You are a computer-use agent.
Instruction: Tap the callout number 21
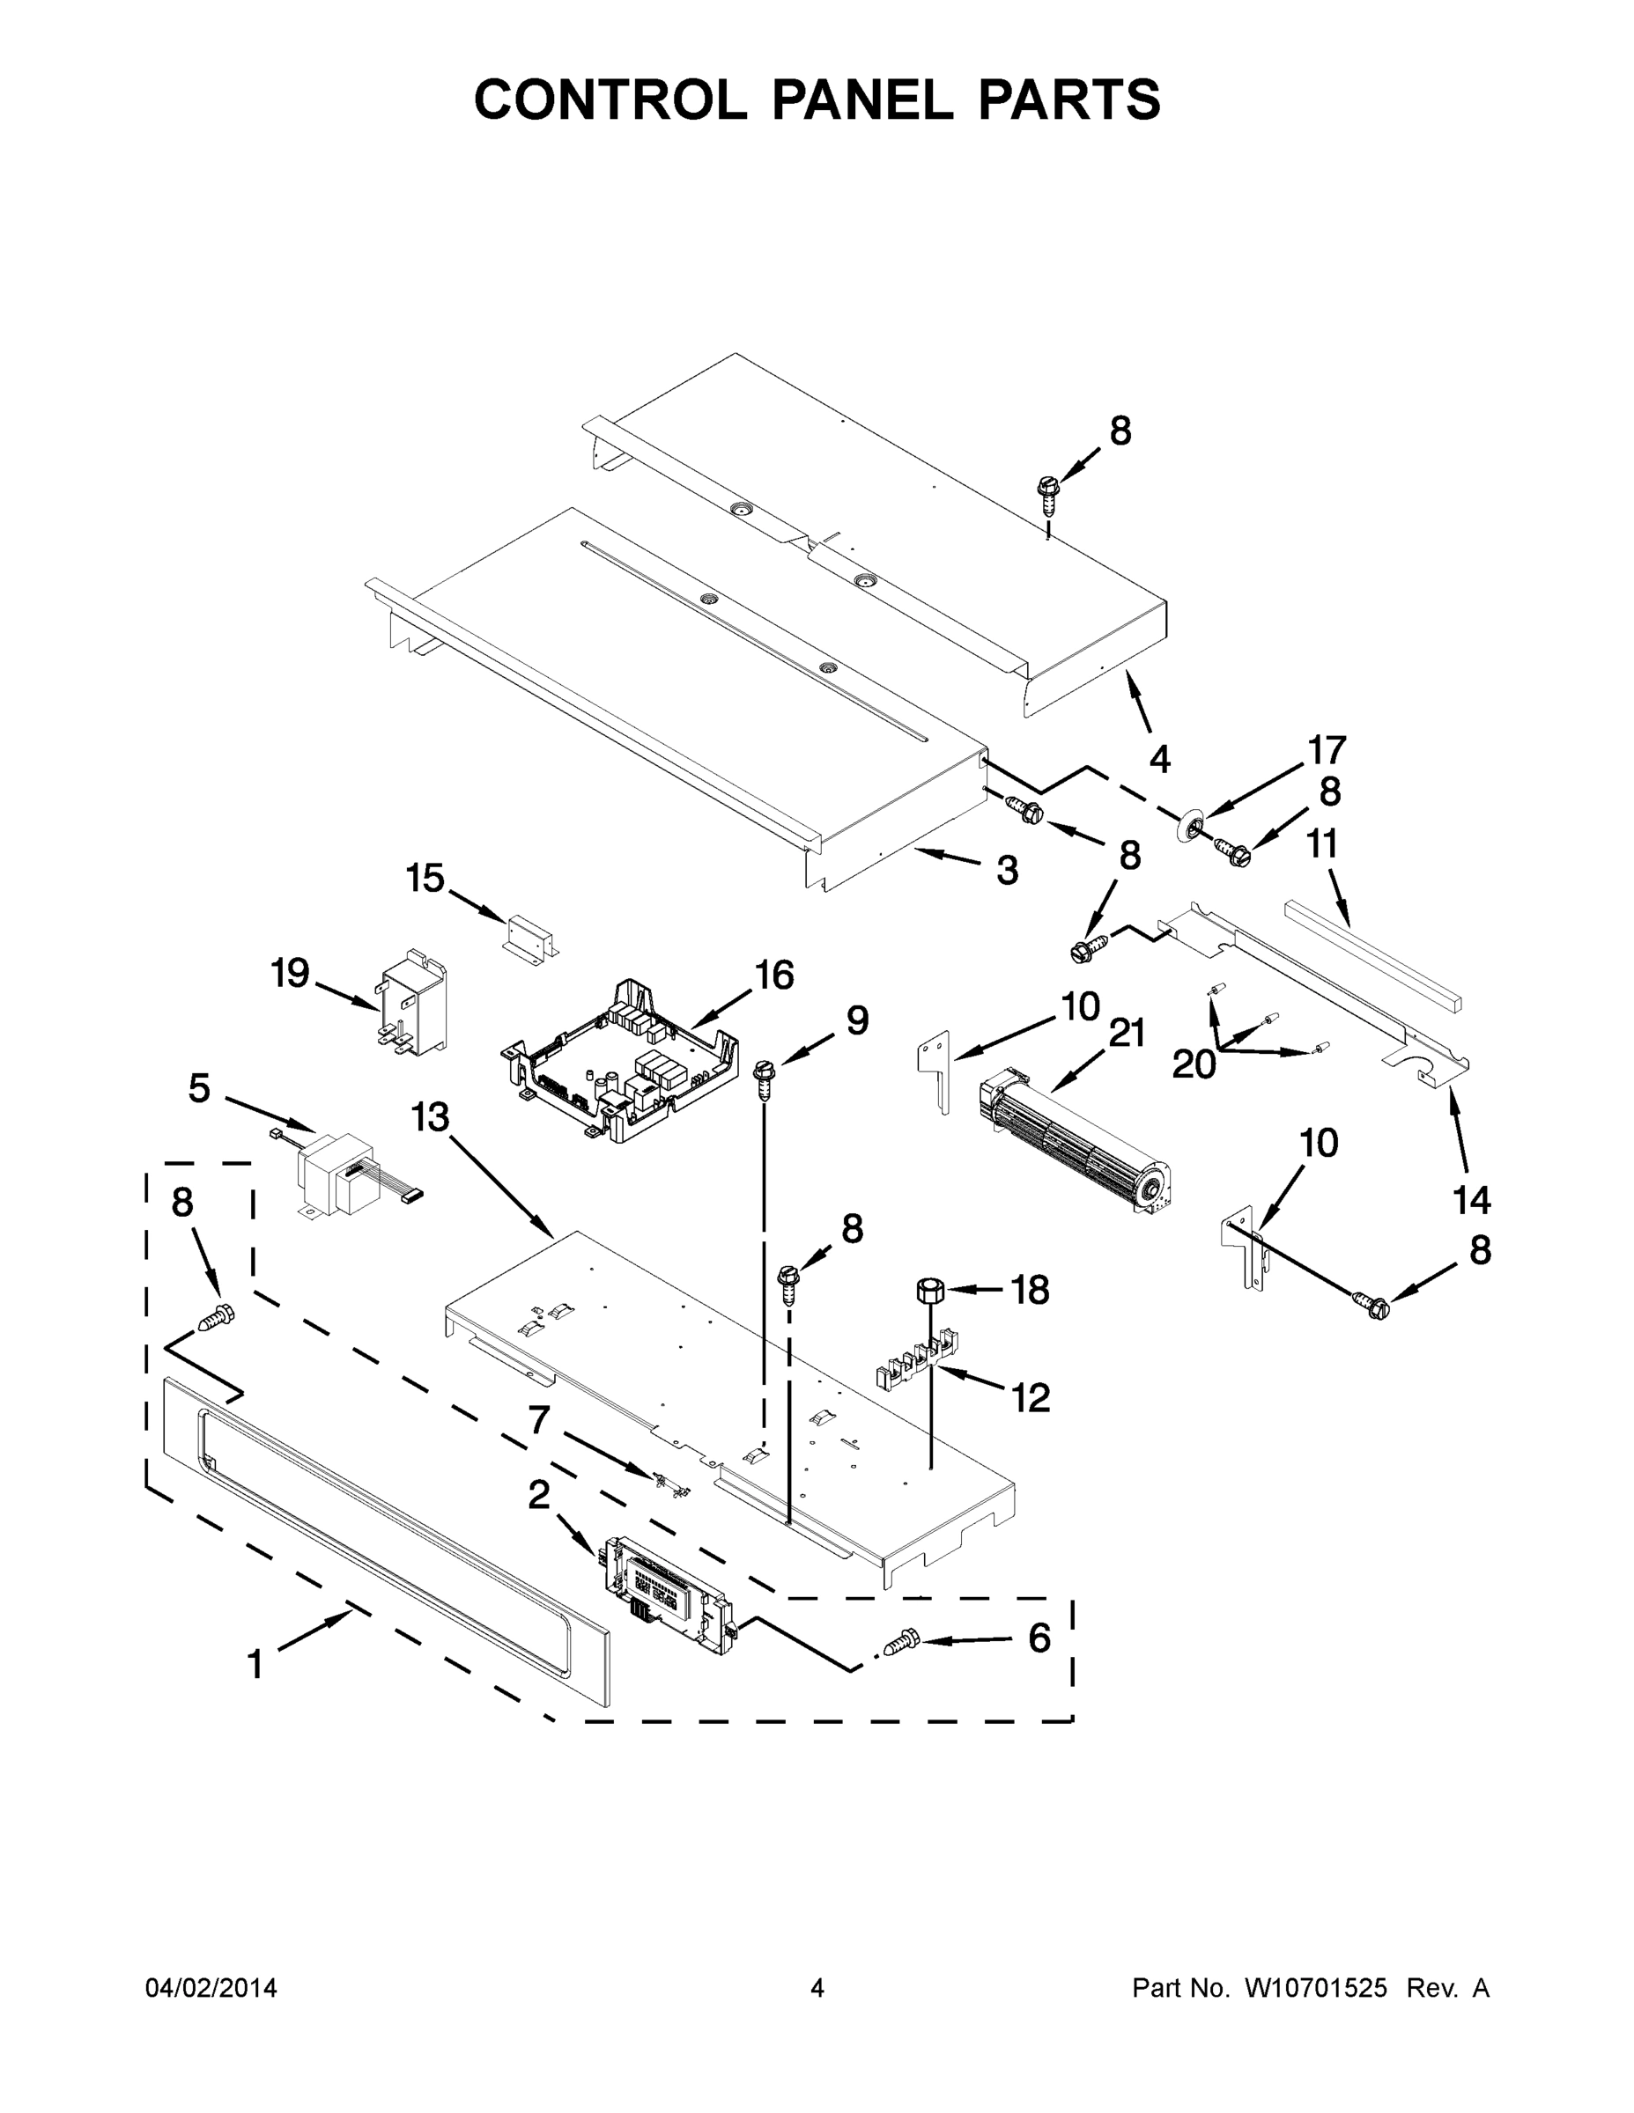click(1126, 1034)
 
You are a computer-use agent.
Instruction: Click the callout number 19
click(290, 972)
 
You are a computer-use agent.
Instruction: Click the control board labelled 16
click(619, 1059)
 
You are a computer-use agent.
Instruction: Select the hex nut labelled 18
click(930, 1290)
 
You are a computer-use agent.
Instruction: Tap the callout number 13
click(430, 1117)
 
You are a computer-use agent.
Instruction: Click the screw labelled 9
click(766, 1076)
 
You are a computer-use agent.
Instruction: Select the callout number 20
click(1193, 1065)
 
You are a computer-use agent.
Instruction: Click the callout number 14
click(1471, 1201)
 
